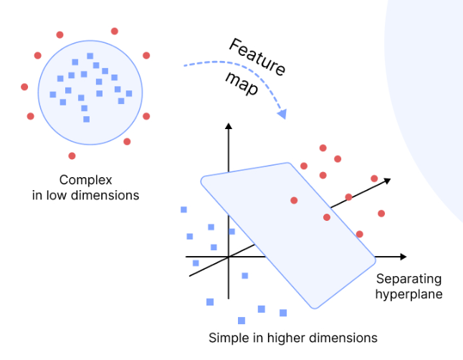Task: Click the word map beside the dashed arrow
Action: click(x=242, y=84)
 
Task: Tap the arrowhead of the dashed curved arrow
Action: click(x=282, y=114)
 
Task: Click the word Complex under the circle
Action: click(x=86, y=180)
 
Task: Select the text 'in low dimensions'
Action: click(x=86, y=194)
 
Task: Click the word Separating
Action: click(x=409, y=279)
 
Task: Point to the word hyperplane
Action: click(x=409, y=293)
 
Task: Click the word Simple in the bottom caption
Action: click(x=224, y=337)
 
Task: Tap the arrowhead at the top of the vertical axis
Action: click(x=228, y=127)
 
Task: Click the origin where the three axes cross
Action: click(x=228, y=257)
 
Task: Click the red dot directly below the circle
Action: click(x=72, y=156)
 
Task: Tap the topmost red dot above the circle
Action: click(x=115, y=31)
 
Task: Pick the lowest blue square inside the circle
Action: click(x=86, y=118)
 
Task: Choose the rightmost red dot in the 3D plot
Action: click(x=381, y=213)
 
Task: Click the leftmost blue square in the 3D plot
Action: click(x=184, y=209)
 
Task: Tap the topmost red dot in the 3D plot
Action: click(x=323, y=148)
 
